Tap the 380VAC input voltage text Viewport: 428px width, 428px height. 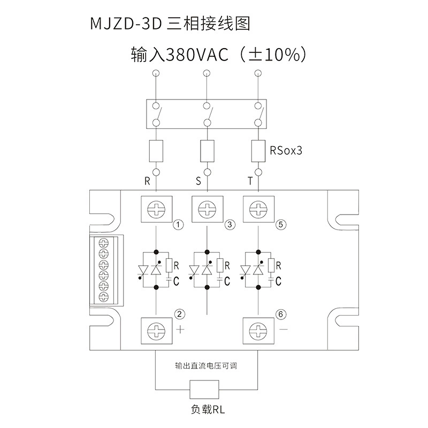197,55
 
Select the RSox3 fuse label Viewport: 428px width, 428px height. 286,150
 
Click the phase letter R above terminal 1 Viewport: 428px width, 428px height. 147,181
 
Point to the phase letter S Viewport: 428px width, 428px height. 198,181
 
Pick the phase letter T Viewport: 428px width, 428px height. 250,181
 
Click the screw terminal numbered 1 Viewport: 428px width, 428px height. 156,209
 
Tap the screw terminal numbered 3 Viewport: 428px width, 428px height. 208,209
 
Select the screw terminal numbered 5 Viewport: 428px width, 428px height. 258,209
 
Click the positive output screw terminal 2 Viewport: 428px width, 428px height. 156,331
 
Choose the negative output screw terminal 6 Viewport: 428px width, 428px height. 258,331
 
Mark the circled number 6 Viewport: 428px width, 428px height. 281,315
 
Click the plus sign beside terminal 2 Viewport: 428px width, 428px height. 180,330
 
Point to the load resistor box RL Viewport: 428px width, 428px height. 204,389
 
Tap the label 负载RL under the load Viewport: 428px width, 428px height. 208,409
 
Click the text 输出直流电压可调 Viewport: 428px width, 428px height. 206,365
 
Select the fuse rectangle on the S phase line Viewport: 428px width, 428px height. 208,151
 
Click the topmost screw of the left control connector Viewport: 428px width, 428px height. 104,242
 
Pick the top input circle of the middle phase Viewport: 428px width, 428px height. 207,73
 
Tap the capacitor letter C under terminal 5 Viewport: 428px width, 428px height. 278,281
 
